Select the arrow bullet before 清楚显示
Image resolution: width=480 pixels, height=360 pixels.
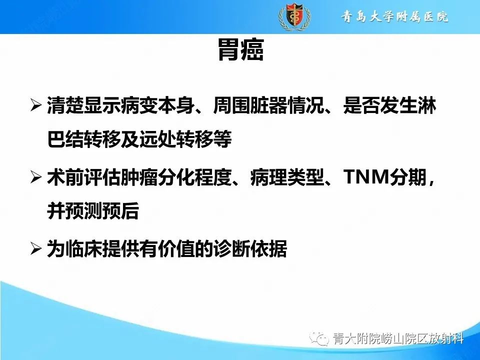coord(36,106)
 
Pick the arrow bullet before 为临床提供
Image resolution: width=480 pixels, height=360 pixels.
coord(36,248)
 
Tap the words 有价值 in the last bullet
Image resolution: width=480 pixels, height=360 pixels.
coord(178,248)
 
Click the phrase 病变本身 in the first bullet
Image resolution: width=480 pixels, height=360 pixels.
coord(140,106)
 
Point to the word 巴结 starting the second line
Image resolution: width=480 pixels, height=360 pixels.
coord(62,140)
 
